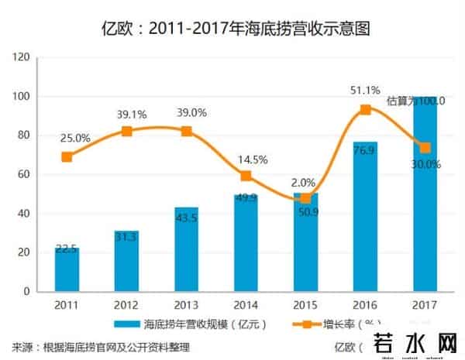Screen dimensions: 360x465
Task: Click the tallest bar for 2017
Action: point(425,194)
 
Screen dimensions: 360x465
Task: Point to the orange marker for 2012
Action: point(127,131)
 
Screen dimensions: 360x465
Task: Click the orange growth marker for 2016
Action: point(365,109)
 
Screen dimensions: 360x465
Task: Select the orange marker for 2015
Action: point(306,198)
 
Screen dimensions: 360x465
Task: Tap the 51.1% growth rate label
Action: point(365,91)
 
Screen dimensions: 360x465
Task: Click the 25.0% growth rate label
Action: point(76,138)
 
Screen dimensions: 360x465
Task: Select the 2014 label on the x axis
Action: point(246,305)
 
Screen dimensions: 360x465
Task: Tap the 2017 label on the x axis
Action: point(425,305)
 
